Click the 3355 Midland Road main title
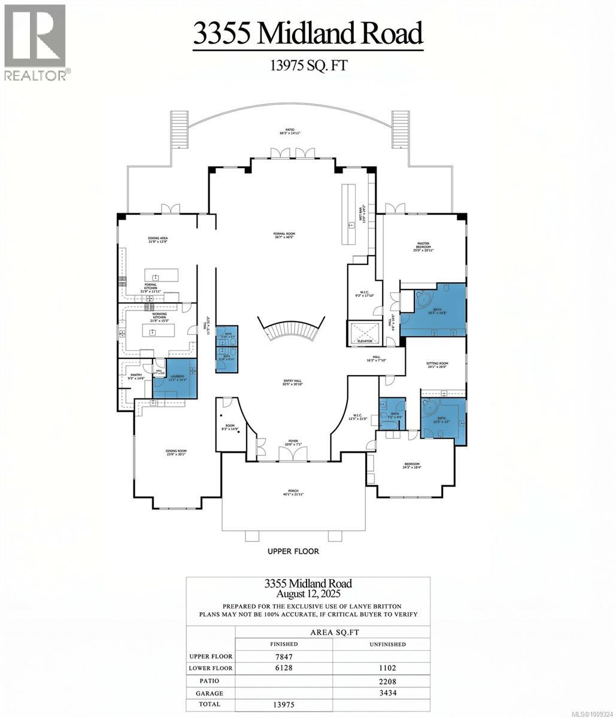(308, 33)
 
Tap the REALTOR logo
(35, 42)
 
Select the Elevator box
(365, 333)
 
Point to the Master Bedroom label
(424, 246)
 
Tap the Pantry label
(135, 377)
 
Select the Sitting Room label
(437, 365)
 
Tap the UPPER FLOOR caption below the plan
(293, 551)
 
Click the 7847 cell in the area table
(284, 656)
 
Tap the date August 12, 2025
(308, 594)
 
